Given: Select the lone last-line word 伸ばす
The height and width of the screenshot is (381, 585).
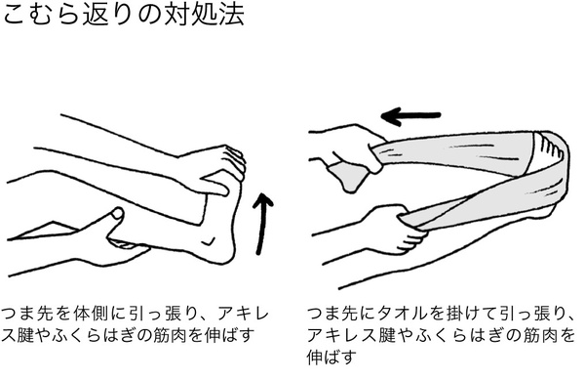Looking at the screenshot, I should point(332,357).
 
